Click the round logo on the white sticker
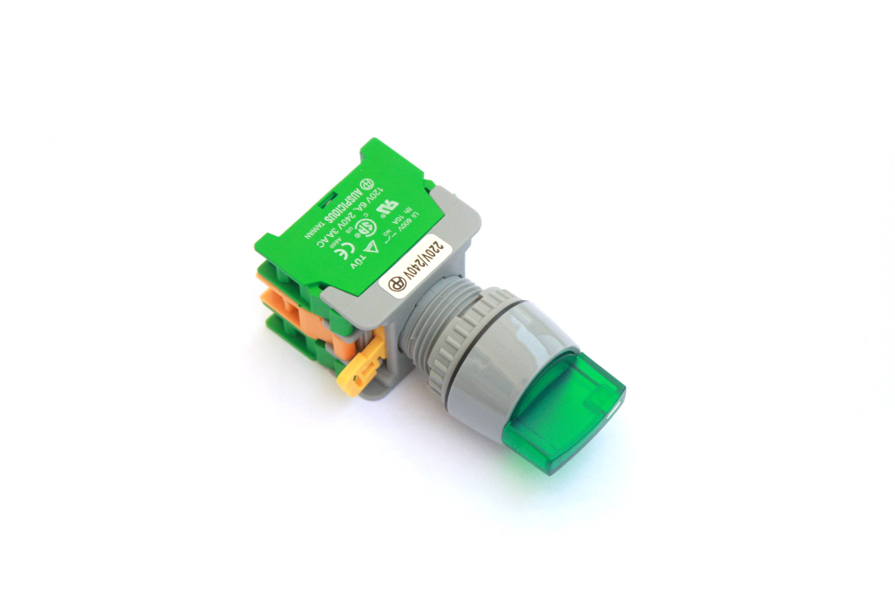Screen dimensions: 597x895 point(397,284)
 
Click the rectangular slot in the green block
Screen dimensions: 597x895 point(328,200)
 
